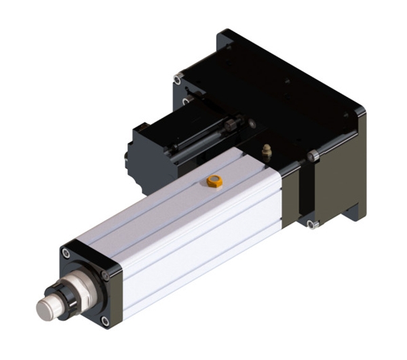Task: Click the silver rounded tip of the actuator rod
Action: [x=46, y=309]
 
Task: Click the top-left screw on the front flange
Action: [x=66, y=253]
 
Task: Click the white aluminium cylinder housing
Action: [x=190, y=217]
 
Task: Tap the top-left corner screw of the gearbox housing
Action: [x=176, y=80]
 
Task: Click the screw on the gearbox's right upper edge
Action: [x=313, y=157]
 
